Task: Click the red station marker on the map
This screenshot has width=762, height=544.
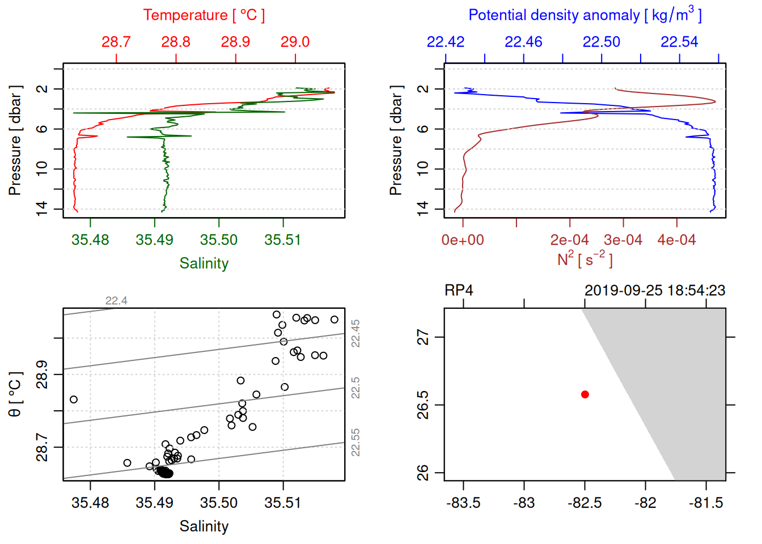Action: coord(585,394)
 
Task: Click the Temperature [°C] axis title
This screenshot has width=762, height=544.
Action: coord(204,15)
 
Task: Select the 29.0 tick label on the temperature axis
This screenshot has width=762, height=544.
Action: coord(295,42)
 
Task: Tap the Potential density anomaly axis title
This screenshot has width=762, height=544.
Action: coord(585,15)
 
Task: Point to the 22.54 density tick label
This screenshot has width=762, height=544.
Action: coord(679,42)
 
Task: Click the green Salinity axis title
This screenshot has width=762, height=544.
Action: coord(204,263)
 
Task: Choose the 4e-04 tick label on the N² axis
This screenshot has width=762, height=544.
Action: coord(676,240)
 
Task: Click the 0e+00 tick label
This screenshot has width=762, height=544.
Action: coord(463,240)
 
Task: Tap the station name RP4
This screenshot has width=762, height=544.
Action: coord(459,291)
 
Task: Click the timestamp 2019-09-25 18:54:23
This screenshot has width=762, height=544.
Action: coord(655,291)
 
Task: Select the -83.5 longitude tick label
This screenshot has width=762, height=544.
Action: coord(463,503)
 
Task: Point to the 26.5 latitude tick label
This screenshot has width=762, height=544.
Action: coord(423,405)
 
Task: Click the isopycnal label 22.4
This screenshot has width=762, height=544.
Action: coord(116,301)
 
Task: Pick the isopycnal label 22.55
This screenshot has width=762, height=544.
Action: coord(355,443)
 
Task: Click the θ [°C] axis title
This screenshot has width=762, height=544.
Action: coord(15,394)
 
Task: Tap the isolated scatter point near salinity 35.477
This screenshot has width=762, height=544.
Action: coord(74,399)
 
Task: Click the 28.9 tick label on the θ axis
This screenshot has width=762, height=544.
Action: coord(42,375)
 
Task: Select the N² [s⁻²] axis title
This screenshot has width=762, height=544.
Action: coord(585,260)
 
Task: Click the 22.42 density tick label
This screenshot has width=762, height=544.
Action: coord(446,42)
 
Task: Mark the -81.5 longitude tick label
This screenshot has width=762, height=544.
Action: coord(706,503)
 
